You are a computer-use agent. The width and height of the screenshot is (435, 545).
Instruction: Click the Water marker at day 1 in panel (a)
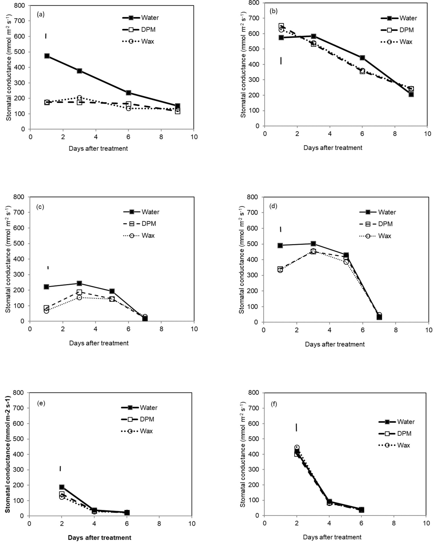[47, 56]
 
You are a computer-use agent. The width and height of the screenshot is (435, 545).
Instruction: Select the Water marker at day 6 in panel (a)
[128, 93]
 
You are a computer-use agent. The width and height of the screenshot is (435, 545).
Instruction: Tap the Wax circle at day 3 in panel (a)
[79, 98]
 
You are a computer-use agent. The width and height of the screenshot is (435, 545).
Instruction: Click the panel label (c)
[40, 207]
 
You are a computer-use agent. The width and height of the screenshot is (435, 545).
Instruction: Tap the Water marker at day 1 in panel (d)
[280, 245]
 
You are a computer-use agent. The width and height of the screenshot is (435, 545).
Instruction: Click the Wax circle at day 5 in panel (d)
[346, 262]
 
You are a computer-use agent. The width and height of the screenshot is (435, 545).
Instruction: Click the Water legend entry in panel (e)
[139, 408]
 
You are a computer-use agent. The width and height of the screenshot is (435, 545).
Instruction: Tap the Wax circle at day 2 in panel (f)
[297, 447]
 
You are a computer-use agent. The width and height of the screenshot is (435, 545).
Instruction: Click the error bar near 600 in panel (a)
[46, 36]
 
